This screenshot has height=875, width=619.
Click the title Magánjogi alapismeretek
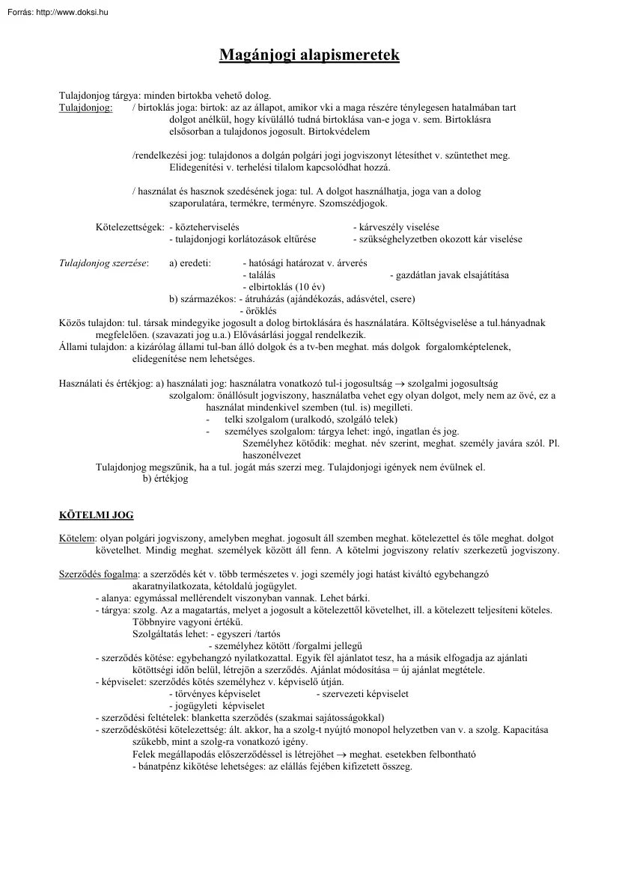point(309,55)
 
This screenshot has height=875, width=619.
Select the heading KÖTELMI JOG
point(96,515)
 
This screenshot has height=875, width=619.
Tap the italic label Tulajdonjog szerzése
point(103,263)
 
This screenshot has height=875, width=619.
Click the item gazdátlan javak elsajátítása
point(449,275)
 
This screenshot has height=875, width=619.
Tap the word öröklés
point(259,311)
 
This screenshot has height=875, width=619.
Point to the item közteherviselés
point(204,227)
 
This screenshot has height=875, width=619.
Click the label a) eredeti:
point(190,263)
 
